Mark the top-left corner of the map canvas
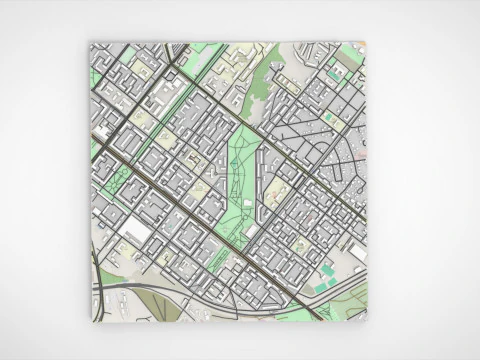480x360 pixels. [89, 42]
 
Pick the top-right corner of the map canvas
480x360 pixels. [366, 42]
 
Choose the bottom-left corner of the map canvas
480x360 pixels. [89, 322]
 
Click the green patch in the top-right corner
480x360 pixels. [350, 52]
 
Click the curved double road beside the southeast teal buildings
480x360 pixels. [340, 285]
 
